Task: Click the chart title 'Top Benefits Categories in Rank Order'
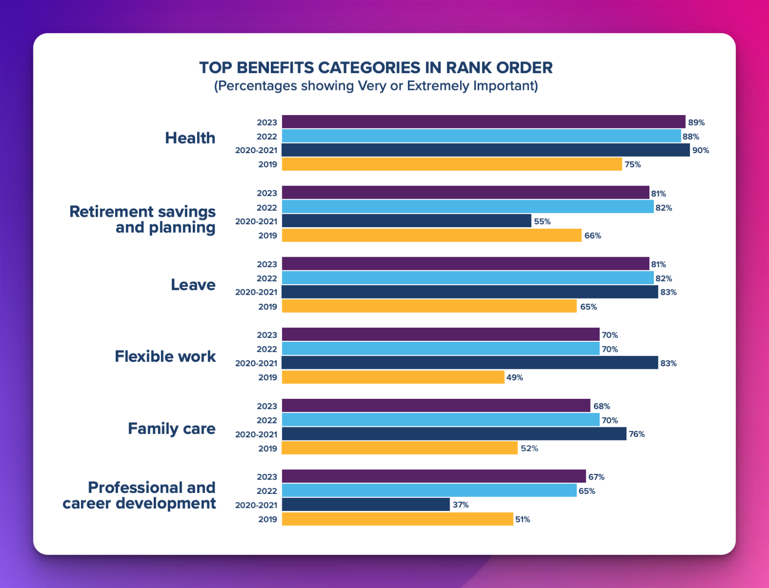coord(376,68)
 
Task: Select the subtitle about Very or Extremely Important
coord(376,86)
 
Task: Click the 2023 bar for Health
coord(483,122)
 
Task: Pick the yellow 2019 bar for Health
coord(452,164)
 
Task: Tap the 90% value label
coord(700,150)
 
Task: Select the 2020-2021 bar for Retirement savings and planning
coord(406,221)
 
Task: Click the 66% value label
coord(592,236)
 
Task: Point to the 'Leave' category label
coord(193,285)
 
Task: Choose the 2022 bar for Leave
coord(468,278)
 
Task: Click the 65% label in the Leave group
coord(588,307)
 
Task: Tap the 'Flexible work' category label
coord(165,356)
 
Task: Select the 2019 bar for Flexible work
coord(393,377)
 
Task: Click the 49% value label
coord(515,378)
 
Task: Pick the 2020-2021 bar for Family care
coord(454,434)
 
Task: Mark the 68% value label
coord(601,406)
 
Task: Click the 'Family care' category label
coord(171,429)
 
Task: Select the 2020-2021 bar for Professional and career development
coord(365,505)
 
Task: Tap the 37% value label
coord(460,505)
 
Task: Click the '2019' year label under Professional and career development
coord(267,519)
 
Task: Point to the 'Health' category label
coord(190,138)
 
